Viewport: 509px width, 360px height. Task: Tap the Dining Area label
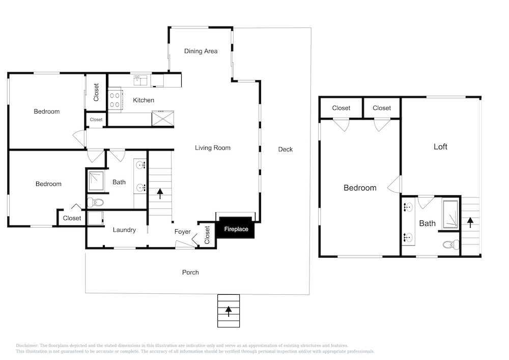point(201,51)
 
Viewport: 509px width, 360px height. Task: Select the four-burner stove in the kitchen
point(115,100)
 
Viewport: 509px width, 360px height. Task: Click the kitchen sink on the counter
point(140,80)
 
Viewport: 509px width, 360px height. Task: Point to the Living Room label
point(213,148)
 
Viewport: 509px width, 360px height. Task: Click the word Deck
point(286,149)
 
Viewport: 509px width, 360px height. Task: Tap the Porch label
point(190,272)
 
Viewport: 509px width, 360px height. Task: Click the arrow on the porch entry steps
point(229,311)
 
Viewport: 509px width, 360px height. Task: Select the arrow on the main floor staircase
point(160,193)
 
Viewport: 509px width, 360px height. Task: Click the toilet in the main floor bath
point(96,203)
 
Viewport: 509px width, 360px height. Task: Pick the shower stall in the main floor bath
point(96,181)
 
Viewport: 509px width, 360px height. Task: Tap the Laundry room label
point(124,230)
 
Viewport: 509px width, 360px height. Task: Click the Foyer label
point(182,232)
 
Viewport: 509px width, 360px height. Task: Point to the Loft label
point(440,147)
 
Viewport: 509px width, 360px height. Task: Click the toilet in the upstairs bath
point(451,244)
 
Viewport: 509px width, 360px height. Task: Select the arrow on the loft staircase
point(470,223)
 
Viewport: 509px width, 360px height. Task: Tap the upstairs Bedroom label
point(360,187)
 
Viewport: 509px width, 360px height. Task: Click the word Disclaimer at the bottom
point(26,346)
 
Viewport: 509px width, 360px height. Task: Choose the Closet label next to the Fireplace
point(207,235)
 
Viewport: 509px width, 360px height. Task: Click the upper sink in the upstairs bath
point(408,207)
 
